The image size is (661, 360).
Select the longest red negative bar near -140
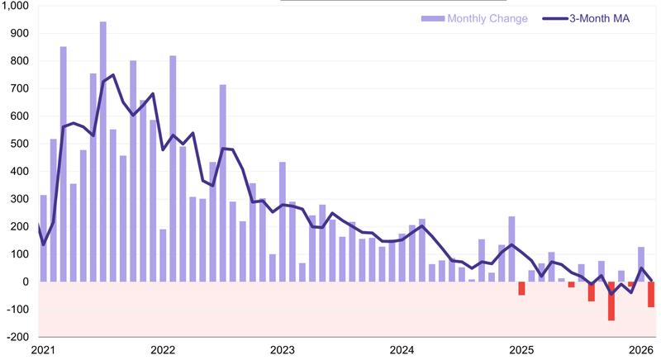coord(611,301)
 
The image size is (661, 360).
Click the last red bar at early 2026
coord(651,295)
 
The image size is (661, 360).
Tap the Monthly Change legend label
coord(487,19)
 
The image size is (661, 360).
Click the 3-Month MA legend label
coord(602,19)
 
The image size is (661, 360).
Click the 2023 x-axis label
coord(283,350)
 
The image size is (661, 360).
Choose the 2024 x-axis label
coord(403,350)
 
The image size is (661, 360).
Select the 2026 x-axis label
coord(642,350)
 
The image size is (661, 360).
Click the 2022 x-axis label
coord(163,350)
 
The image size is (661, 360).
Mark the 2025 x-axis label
coord(523,350)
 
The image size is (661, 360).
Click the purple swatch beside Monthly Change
coord(432,19)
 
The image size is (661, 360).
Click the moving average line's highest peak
coord(113,75)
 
